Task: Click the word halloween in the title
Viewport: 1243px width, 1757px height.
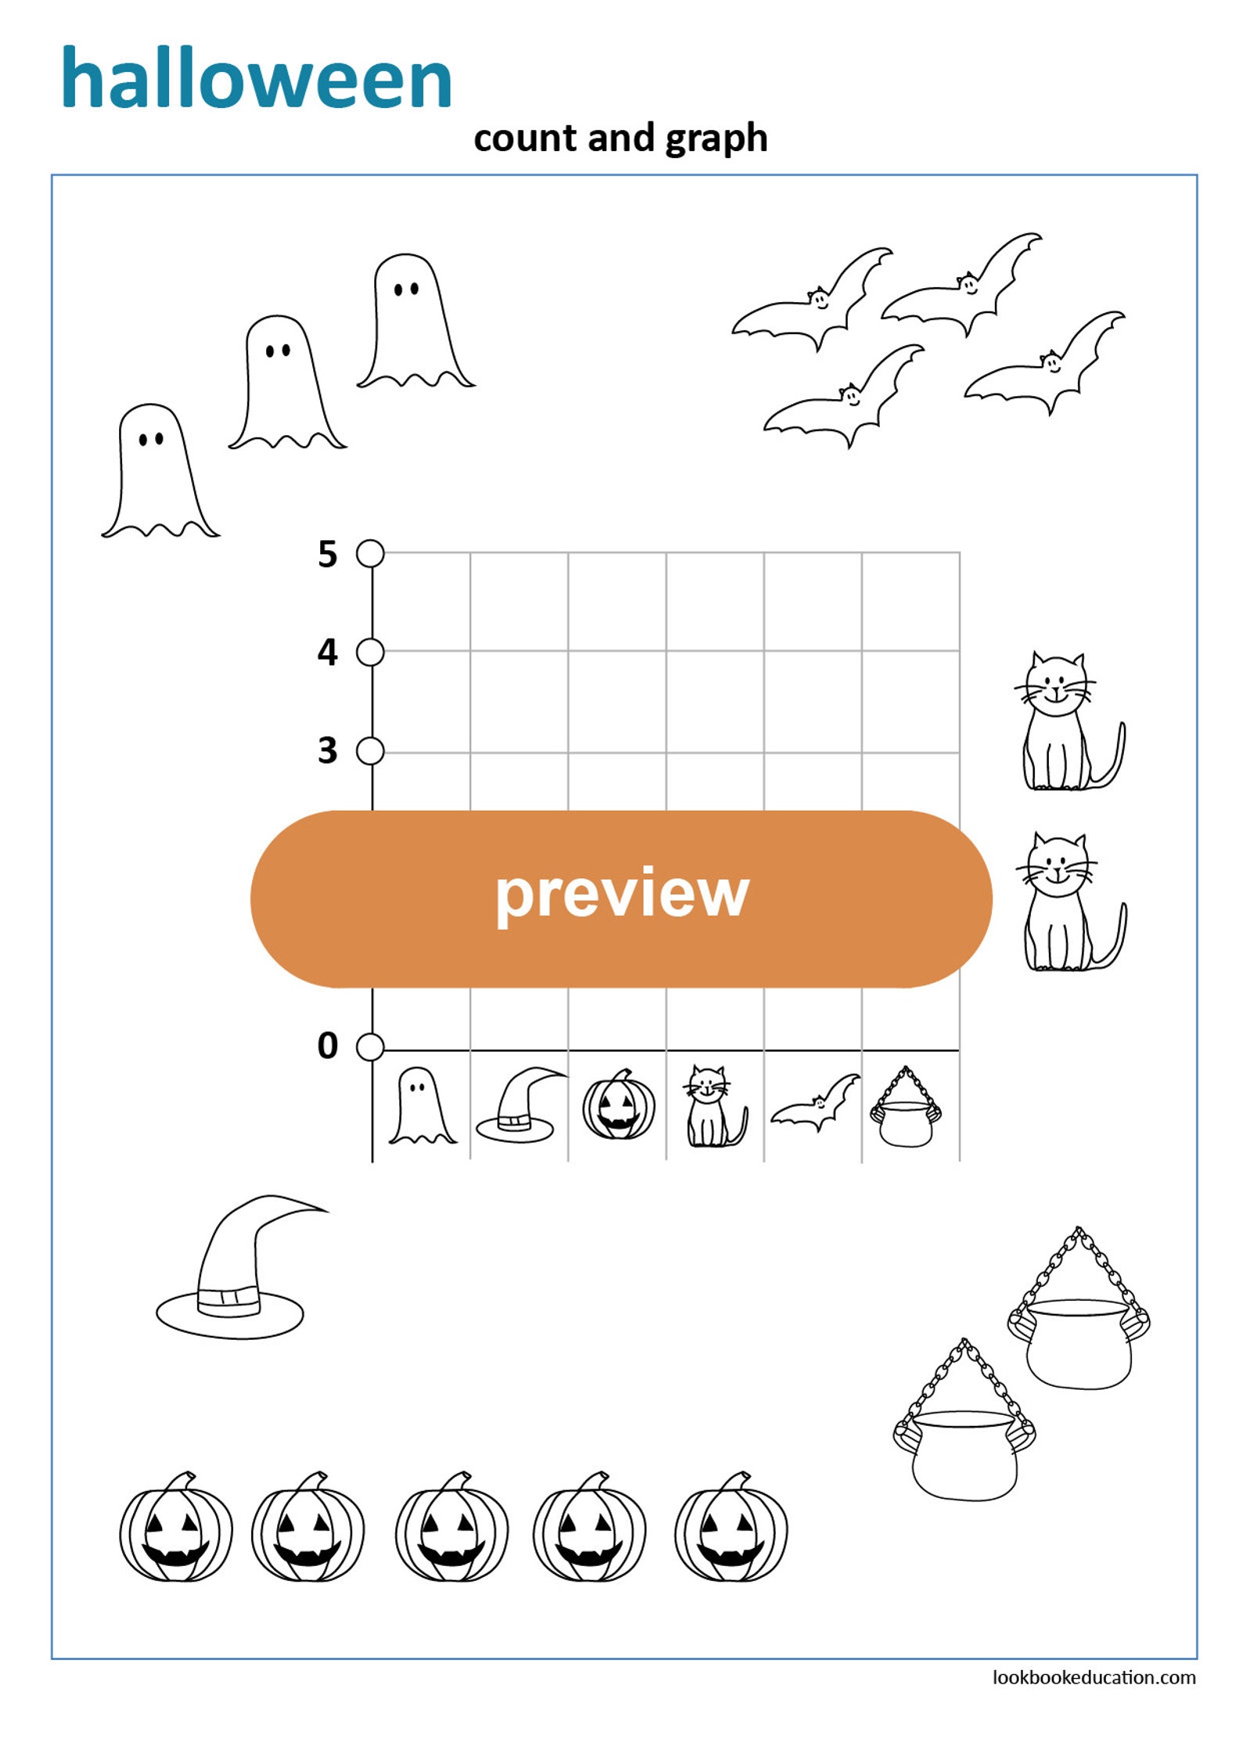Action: (x=257, y=78)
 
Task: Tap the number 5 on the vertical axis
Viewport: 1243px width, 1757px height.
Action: (x=327, y=554)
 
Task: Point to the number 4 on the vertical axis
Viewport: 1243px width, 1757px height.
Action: (x=327, y=652)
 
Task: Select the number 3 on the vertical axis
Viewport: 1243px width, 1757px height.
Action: (x=327, y=751)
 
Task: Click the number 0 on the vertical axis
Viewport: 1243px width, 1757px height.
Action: (x=327, y=1046)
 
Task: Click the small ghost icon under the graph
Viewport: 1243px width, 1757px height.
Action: (x=422, y=1105)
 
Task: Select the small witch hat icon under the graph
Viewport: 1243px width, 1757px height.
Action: (x=518, y=1105)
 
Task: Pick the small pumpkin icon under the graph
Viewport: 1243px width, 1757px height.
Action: (x=618, y=1106)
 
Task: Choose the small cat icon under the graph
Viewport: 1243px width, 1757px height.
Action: (x=713, y=1106)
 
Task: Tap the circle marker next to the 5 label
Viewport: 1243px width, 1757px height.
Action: (x=370, y=553)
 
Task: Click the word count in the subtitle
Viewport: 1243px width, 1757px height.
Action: (x=525, y=139)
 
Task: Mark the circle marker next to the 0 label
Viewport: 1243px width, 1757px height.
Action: (x=370, y=1046)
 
